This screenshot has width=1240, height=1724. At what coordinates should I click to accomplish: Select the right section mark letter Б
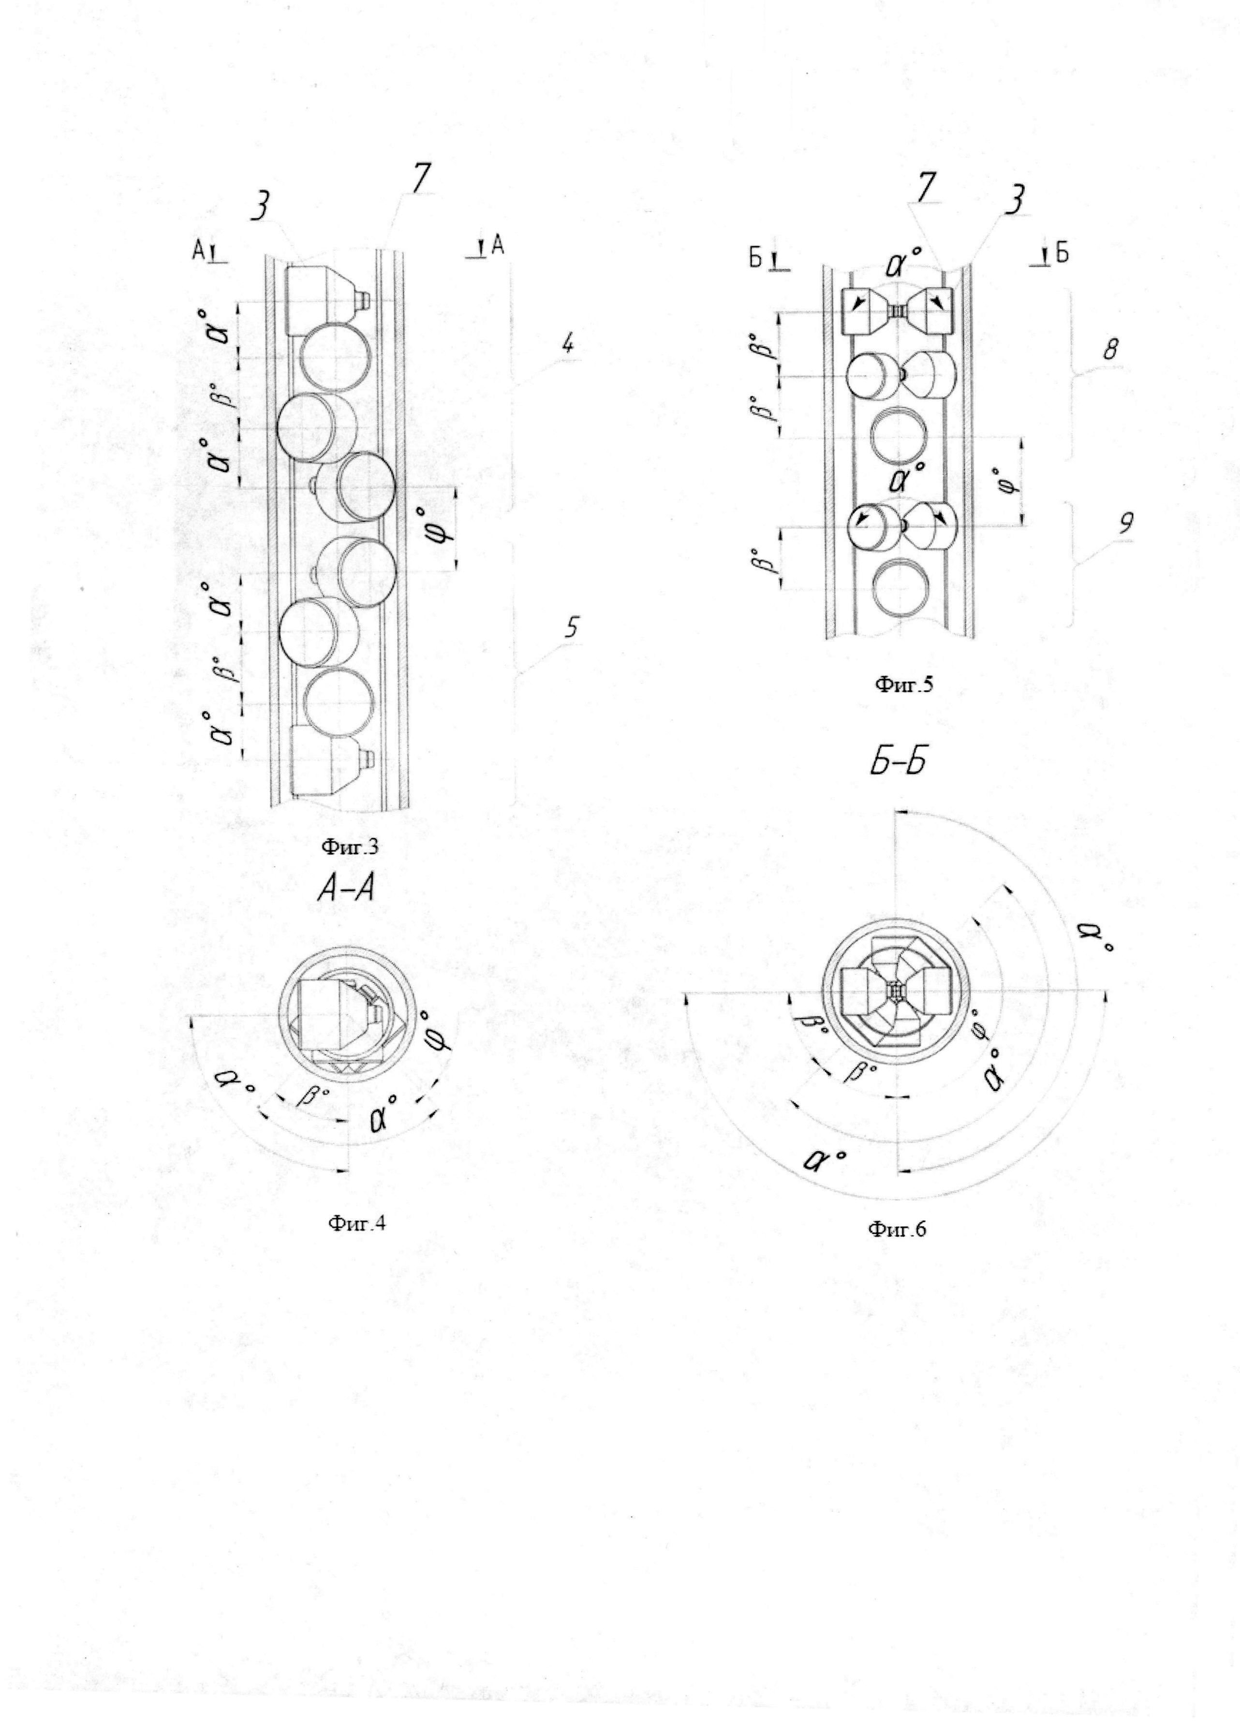(1062, 255)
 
